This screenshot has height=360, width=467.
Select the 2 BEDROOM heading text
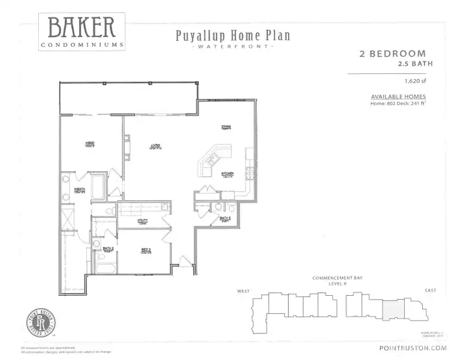coord(392,54)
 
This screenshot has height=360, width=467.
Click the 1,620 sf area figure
coord(414,82)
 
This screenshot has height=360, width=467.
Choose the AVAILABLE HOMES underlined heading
coord(398,97)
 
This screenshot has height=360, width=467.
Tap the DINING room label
coord(226,127)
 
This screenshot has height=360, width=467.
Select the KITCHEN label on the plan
coord(227,174)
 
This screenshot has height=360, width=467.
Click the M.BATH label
coord(80,190)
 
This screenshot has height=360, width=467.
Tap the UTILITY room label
coord(142,221)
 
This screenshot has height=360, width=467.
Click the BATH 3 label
coord(224,219)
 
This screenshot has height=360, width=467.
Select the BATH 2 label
coord(108,249)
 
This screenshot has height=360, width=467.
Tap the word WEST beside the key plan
coord(244,291)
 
